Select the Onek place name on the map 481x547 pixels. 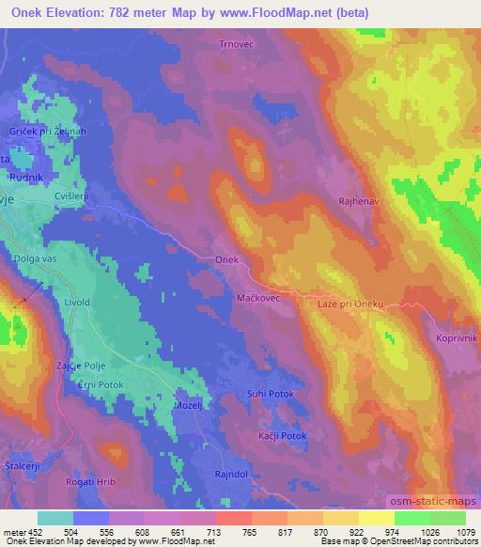pos(227,259)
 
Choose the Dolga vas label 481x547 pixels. pos(35,257)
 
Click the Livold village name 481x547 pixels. pos(75,303)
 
